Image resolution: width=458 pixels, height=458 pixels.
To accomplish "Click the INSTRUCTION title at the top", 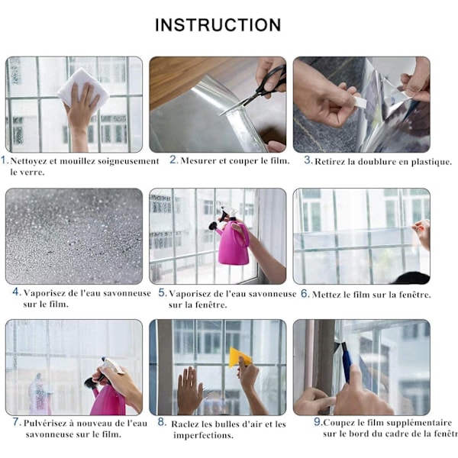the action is [218, 25].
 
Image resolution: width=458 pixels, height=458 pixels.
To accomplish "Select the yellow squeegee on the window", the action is [240, 357].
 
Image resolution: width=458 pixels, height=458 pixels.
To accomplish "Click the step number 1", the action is [4, 160].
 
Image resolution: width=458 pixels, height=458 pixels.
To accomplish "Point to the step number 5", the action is [162, 292].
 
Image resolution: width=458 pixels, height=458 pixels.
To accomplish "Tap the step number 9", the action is [318, 421].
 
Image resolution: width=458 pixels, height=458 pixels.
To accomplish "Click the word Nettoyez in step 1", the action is [28, 161].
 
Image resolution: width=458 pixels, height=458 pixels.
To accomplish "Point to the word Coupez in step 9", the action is [339, 423].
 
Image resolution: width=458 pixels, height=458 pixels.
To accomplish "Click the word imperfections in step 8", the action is [203, 436].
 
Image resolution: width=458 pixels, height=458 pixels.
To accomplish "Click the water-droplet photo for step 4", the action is [74, 236].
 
